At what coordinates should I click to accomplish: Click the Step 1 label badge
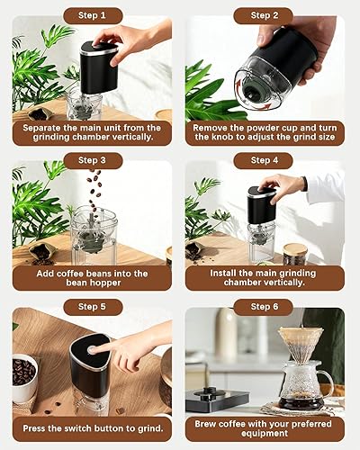click(x=93, y=15)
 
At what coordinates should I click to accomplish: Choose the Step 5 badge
click(x=93, y=307)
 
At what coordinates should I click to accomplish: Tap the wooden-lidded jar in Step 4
click(x=295, y=255)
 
